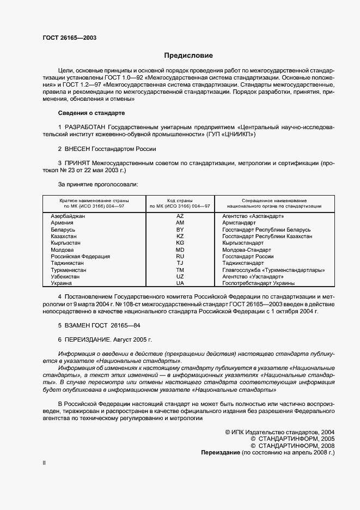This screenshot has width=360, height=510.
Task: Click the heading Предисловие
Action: tap(188, 56)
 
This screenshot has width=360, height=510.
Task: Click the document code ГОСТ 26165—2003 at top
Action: tap(70, 38)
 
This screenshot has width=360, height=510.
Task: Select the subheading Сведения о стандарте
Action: tap(91, 113)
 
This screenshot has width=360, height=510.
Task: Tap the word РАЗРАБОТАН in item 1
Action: tap(86, 126)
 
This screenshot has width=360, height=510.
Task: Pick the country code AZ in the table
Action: tap(180, 216)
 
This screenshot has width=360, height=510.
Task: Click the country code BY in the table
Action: tap(180, 230)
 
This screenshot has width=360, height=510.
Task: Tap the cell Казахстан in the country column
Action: tap(65, 236)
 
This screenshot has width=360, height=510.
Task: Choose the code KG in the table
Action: tap(180, 243)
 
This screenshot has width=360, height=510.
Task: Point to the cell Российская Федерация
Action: tap(80, 257)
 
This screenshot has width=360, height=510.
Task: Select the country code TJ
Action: tap(180, 263)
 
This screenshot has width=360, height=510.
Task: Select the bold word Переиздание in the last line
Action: tap(221, 453)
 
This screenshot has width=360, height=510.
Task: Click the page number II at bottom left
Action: tap(45, 463)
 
